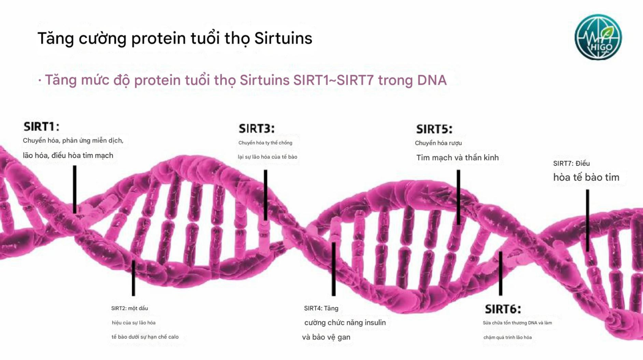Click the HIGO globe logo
point(598,37)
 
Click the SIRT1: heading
point(42,127)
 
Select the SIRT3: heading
point(257,129)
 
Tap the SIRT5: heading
point(434,129)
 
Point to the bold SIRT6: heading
point(503,309)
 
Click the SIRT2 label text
point(129,308)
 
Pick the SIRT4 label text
point(321,308)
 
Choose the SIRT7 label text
point(571,164)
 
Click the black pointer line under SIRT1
point(75,189)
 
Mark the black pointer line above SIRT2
point(133,278)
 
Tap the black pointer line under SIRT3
point(266,195)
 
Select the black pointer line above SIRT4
point(334,269)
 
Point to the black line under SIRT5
point(459,197)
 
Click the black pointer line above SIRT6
point(501,274)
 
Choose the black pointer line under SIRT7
point(588,221)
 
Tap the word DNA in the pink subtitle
point(432,80)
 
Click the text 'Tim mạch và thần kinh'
point(458,157)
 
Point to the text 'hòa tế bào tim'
point(586,178)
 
